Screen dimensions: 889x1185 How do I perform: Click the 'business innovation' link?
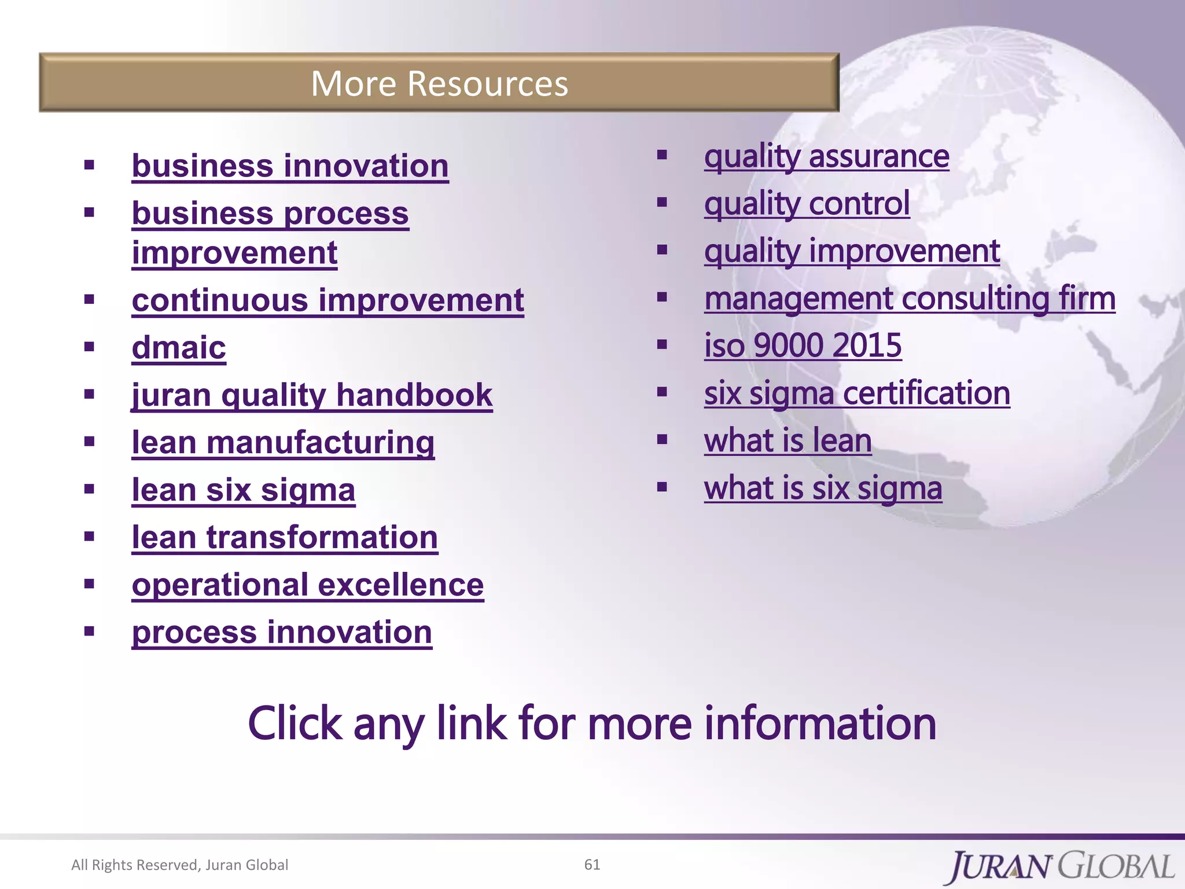[290, 166]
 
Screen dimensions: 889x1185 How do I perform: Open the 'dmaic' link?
[179, 348]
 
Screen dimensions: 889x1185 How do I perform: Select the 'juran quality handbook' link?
[312, 395]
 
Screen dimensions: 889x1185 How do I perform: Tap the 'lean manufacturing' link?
[283, 443]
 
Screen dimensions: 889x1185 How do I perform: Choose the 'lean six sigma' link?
[244, 490]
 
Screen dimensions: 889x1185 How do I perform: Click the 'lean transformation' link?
[285, 538]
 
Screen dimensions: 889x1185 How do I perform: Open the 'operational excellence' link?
[308, 585]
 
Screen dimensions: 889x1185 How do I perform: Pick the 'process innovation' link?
[282, 633]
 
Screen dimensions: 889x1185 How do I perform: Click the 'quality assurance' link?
[826, 156]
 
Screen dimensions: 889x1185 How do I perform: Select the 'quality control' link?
[807, 204]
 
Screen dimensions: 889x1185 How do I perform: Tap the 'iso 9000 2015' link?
[803, 346]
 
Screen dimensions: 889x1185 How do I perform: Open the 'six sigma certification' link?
[857, 394]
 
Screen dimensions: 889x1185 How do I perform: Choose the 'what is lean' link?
[787, 441]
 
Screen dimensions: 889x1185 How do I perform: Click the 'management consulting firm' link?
[910, 299]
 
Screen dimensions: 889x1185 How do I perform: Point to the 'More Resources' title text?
[439, 83]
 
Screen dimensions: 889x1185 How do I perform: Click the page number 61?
[592, 864]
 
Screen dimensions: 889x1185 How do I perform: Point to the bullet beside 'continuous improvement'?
[89, 299]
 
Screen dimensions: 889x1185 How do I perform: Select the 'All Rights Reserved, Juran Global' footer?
[179, 865]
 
